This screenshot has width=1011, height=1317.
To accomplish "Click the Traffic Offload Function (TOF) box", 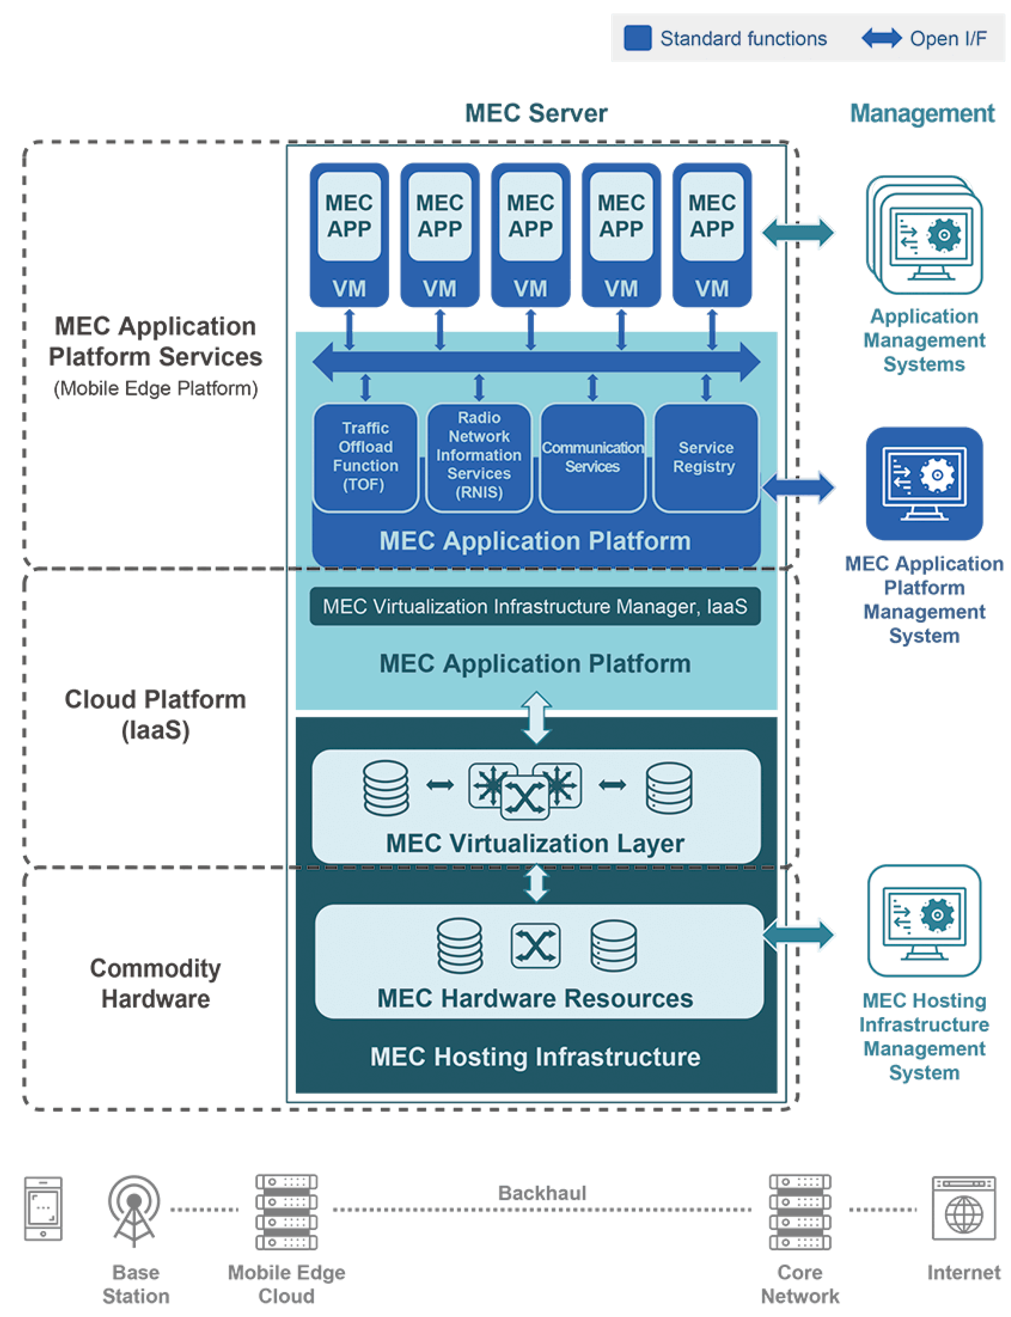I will coord(365,457).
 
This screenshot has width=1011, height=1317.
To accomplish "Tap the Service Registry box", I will coord(705,457).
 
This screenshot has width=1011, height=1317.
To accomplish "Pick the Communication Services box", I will coord(592,457).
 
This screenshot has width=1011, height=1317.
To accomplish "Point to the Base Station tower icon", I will coord(134,1209).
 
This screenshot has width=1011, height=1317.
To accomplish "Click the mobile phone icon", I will coord(43,1208).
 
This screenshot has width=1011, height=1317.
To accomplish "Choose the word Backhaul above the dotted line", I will coord(542,1192).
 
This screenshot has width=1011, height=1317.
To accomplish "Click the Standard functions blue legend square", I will coord(637,38).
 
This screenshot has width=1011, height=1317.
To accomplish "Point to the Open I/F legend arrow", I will coord(881,38).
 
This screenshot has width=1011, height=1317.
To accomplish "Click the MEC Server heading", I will coord(536,113).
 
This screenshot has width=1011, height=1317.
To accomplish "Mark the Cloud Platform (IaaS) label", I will coord(155,714).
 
